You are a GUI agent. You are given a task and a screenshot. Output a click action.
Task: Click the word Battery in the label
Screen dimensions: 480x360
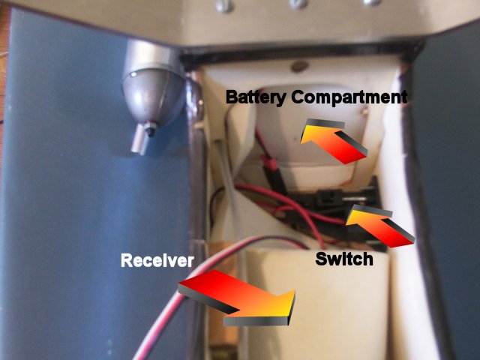[x=256, y=98]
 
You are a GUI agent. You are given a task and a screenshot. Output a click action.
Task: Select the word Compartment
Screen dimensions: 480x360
[x=349, y=97]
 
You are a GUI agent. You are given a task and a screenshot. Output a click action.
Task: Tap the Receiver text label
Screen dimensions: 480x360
[x=157, y=261]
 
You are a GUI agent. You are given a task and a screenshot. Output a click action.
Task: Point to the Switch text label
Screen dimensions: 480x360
[x=344, y=259]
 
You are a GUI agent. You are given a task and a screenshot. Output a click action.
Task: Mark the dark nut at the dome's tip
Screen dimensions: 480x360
[x=151, y=128]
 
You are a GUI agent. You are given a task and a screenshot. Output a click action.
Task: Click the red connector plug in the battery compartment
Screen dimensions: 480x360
[x=269, y=162]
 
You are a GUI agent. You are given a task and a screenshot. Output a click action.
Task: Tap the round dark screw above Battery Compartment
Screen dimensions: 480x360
[x=298, y=65]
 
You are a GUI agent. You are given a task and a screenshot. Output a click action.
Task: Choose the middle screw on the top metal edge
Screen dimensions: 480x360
[x=298, y=3]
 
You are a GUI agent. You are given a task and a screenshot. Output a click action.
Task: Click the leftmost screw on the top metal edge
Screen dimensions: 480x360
[x=224, y=5]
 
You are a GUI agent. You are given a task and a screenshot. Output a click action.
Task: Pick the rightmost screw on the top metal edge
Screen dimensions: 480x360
[x=373, y=1]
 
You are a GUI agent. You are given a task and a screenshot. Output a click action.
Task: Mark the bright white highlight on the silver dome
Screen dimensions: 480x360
[x=133, y=74]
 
